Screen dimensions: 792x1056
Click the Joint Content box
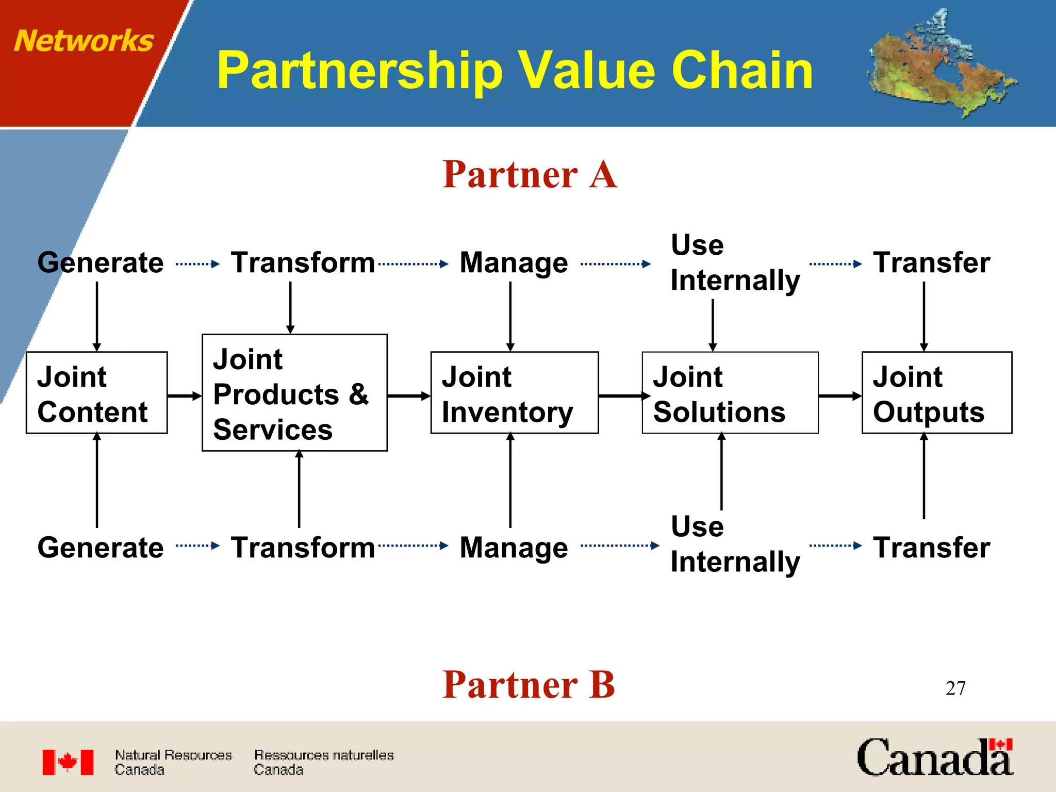tap(96, 393)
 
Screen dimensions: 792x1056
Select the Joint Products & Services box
tap(294, 393)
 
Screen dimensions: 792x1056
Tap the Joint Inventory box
tap(514, 393)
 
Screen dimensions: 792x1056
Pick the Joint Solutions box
tap(730, 393)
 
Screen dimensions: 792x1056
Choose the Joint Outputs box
tap(936, 393)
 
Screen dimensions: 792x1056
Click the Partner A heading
tap(530, 174)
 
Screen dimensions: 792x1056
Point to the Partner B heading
tap(529, 685)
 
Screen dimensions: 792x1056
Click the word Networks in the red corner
tap(84, 41)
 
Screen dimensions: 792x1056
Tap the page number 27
tap(955, 688)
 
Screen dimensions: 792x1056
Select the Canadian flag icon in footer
tap(68, 762)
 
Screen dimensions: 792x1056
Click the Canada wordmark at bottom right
tap(934, 758)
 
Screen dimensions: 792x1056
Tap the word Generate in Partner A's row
tap(101, 263)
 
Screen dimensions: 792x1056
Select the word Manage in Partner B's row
tap(514, 548)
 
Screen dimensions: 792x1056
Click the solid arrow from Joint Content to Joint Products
tap(184, 396)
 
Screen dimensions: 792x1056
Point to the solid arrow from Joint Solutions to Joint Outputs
tap(839, 396)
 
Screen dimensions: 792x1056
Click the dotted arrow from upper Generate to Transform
tap(197, 264)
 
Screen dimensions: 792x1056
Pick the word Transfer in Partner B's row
tap(931, 548)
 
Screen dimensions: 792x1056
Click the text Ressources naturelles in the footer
tap(324, 755)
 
